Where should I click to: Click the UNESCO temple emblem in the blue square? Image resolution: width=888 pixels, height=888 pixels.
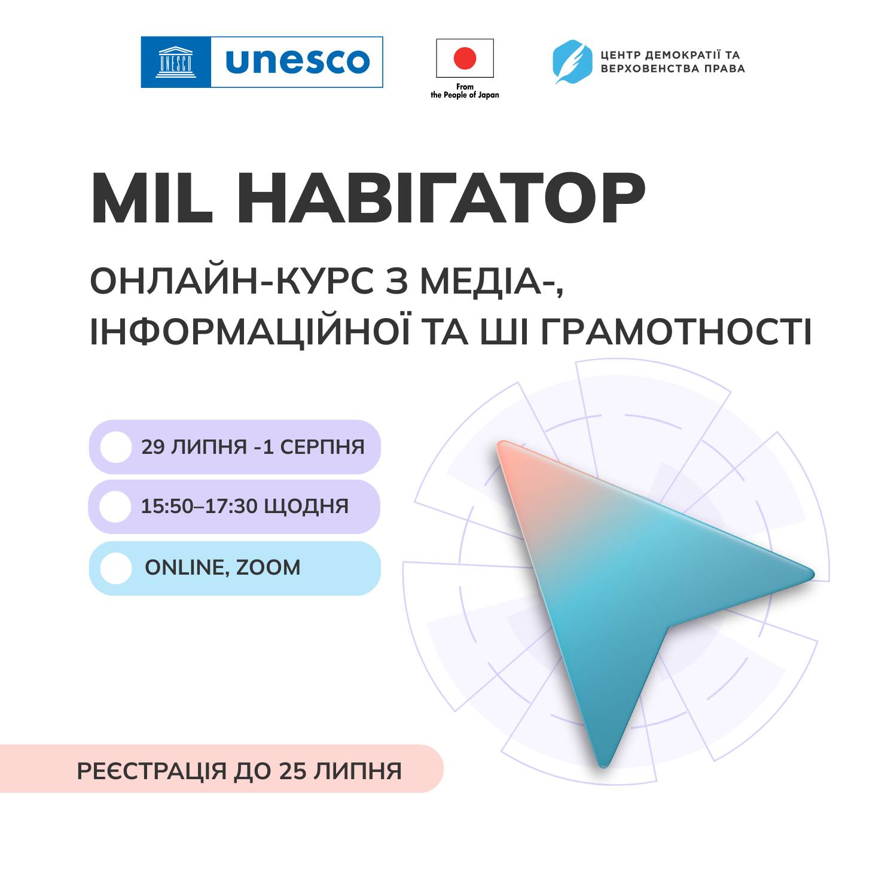175,62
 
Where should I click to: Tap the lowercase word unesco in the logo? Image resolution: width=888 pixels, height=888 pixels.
297,62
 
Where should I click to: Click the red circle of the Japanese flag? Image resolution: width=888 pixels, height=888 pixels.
465,58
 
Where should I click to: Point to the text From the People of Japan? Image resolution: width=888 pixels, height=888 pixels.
465,91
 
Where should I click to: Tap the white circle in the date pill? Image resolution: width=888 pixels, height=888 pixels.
115,447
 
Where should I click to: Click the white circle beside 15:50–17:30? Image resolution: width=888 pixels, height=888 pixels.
115,506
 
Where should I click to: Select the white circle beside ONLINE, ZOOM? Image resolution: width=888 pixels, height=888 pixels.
115,568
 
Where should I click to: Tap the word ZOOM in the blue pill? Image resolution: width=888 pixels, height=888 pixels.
268,567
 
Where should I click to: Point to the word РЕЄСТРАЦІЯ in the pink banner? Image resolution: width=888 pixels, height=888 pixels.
152,771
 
